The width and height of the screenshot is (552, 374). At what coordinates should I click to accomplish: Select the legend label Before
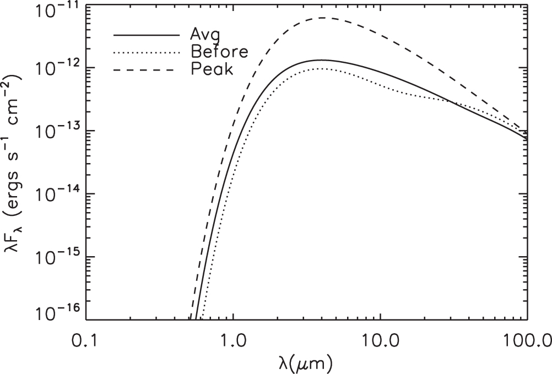pyautogui.click(x=219, y=52)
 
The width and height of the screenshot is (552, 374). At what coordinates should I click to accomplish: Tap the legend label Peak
pyautogui.click(x=212, y=70)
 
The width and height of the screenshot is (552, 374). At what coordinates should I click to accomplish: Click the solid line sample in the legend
pyautogui.click(x=147, y=35)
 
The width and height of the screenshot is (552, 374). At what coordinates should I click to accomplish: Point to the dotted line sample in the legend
pyautogui.click(x=147, y=52)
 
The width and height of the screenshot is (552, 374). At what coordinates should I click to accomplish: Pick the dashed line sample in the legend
pyautogui.click(x=147, y=70)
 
